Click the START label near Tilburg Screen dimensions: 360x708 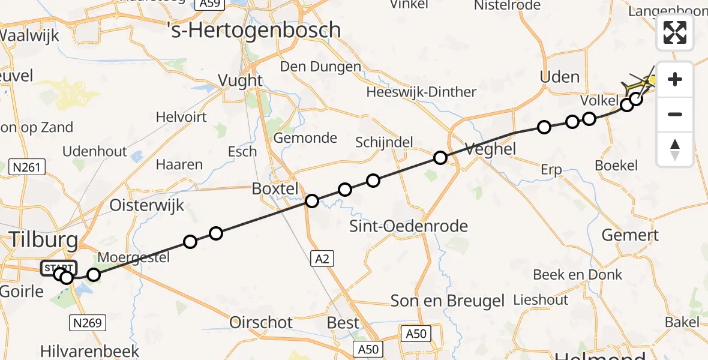click(58, 268)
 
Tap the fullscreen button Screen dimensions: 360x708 click(675, 32)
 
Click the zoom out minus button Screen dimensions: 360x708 click(675, 114)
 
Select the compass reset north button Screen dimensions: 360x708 click(675, 149)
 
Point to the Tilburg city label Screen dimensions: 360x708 click(43, 241)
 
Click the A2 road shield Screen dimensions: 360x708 click(322, 259)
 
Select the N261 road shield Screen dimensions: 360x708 click(28, 167)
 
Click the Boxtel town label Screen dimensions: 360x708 click(275, 189)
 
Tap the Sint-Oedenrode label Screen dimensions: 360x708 click(409, 226)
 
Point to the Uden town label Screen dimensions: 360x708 click(559, 77)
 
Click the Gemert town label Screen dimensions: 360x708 click(630, 235)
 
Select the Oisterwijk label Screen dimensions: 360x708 click(146, 206)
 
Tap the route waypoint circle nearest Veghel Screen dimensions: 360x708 click(440, 158)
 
